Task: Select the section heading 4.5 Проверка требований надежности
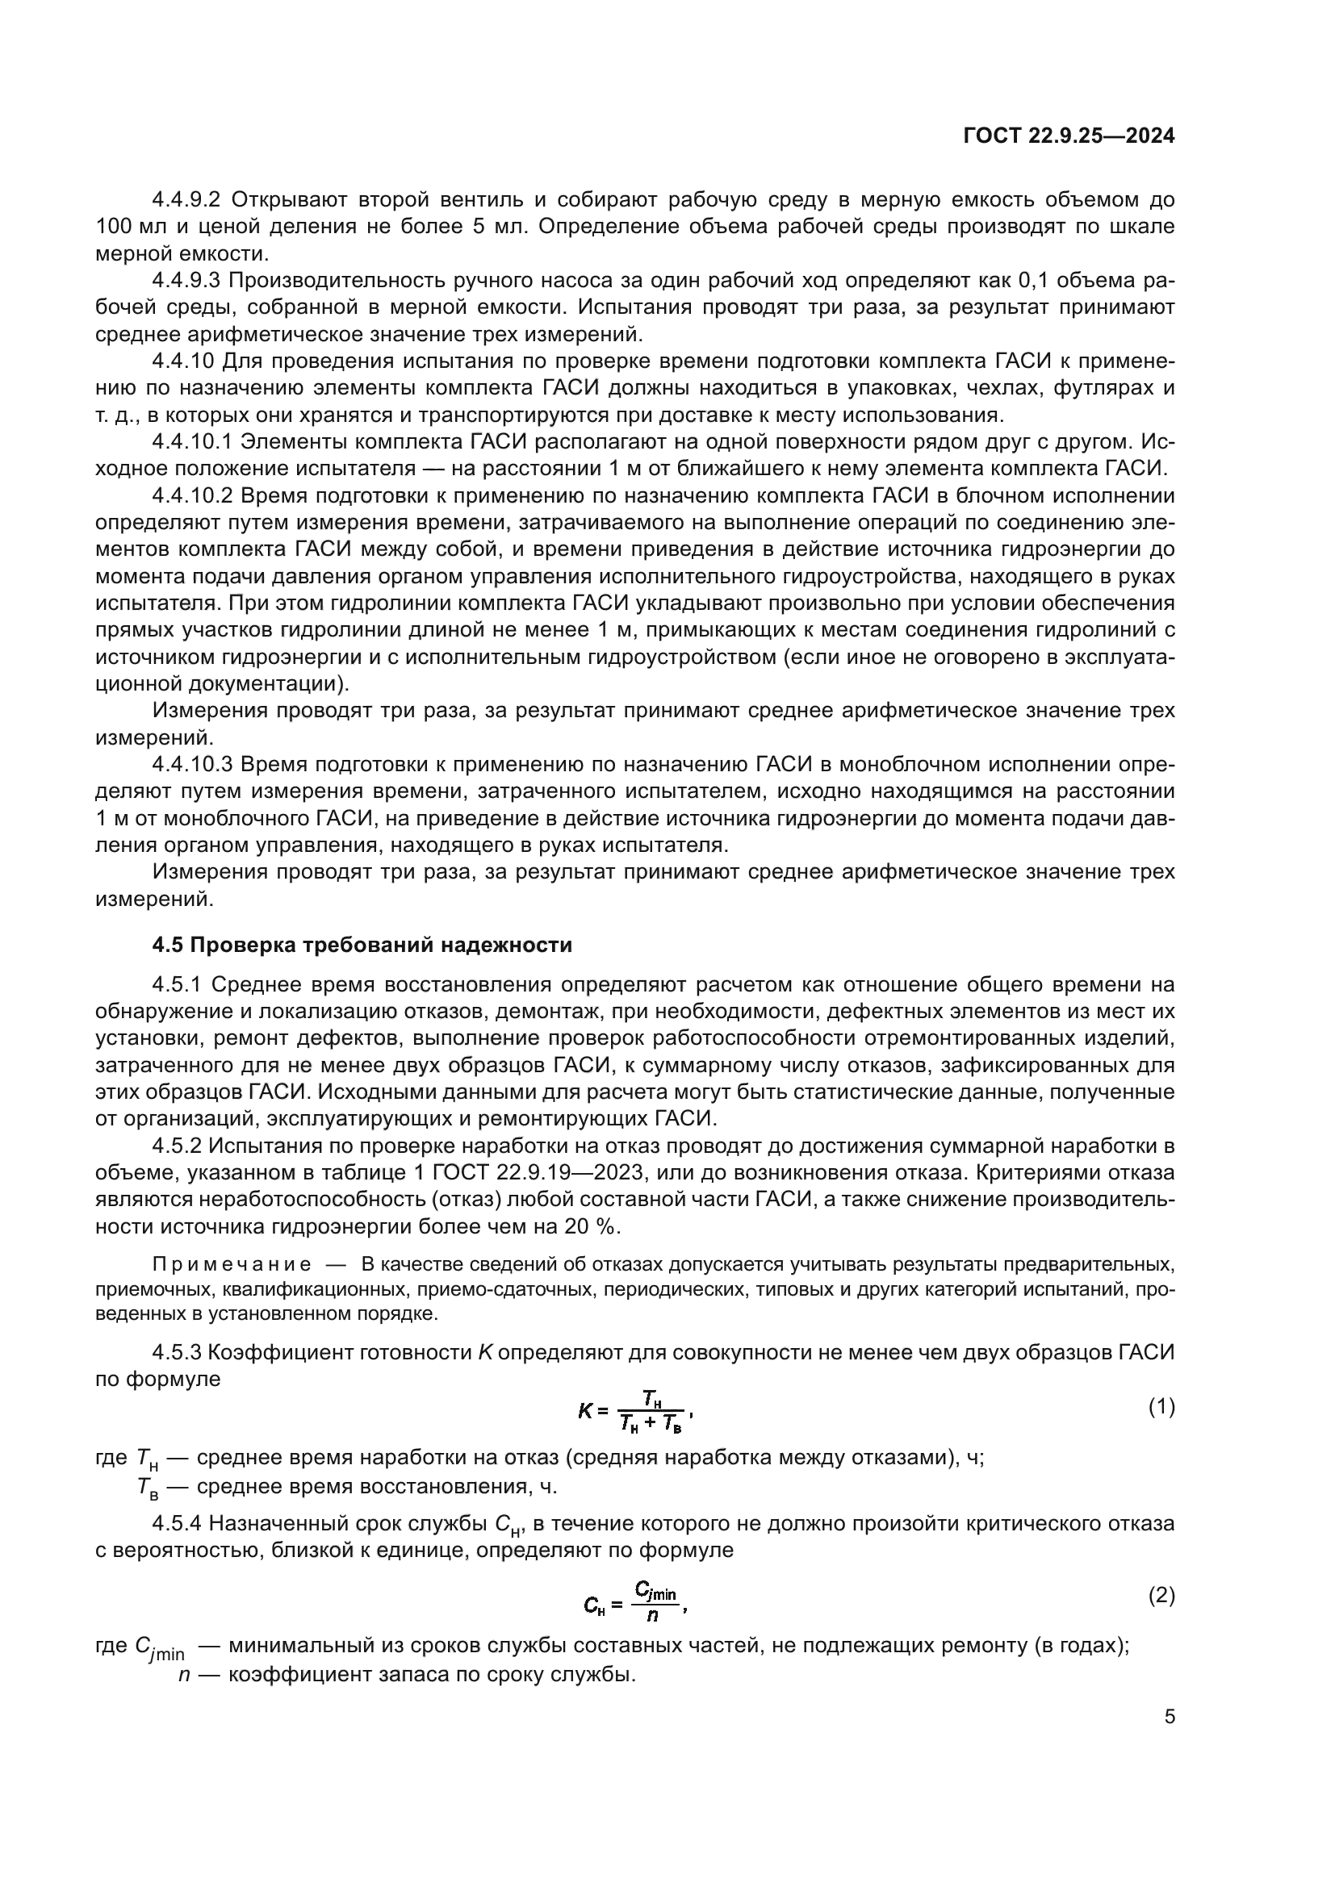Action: [x=362, y=946]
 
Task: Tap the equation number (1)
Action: [x=1161, y=1408]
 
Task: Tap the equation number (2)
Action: [x=1161, y=1596]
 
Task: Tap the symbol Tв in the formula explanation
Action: [x=148, y=1487]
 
